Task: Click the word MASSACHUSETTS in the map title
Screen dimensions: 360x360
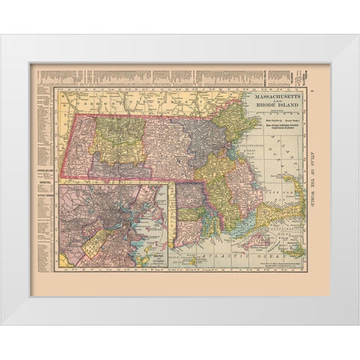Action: tap(277, 97)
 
